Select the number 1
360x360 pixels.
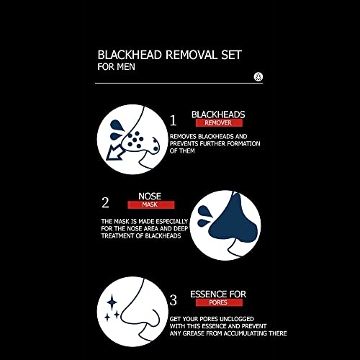pos(173,120)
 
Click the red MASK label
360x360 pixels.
pos(150,205)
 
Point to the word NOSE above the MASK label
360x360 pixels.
pos(149,195)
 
